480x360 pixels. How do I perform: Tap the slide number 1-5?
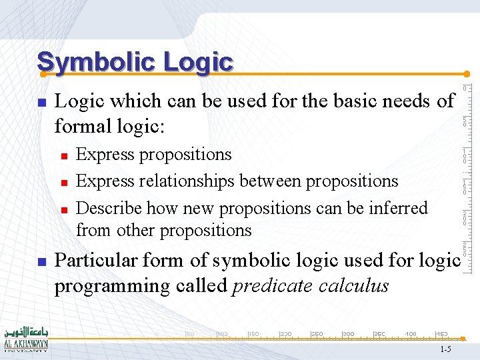click(445, 349)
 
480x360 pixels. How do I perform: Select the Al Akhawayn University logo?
click(25, 339)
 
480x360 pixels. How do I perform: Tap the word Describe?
click(109, 208)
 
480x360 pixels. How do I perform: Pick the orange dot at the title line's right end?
click(467, 74)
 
